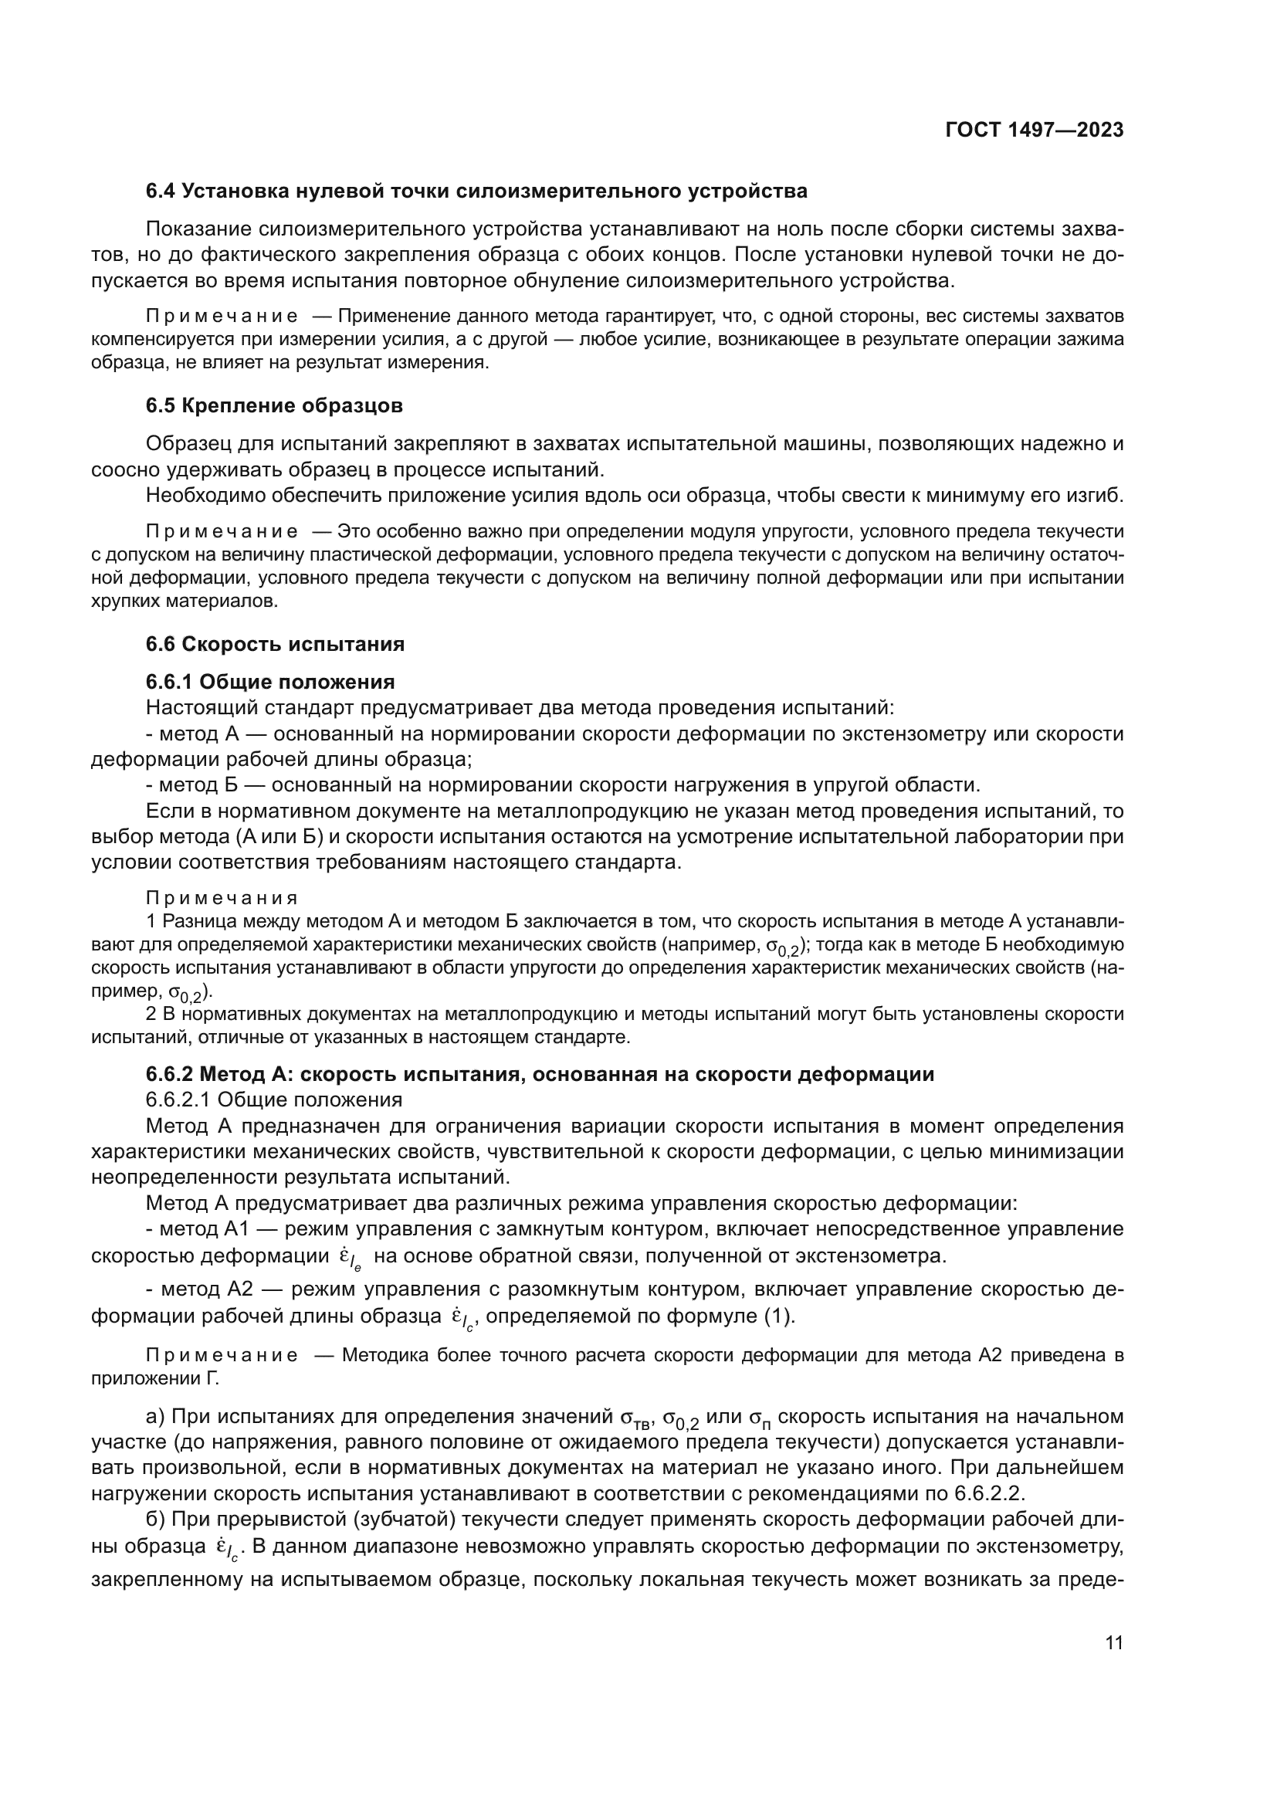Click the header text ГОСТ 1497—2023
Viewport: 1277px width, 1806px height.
1034,130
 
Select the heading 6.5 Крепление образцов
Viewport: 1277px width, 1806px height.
274,406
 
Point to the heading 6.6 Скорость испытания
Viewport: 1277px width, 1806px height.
275,644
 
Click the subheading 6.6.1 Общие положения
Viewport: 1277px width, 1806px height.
270,681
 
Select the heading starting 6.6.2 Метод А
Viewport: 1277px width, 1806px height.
540,1074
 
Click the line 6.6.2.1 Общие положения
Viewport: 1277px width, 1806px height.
273,1100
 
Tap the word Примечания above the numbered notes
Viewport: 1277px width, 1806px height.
222,898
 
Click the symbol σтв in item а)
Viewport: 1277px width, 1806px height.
636,1418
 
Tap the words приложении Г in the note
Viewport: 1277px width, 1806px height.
155,1378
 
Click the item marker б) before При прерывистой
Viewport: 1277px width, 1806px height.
156,1519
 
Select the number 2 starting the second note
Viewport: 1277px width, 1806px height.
151,1015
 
